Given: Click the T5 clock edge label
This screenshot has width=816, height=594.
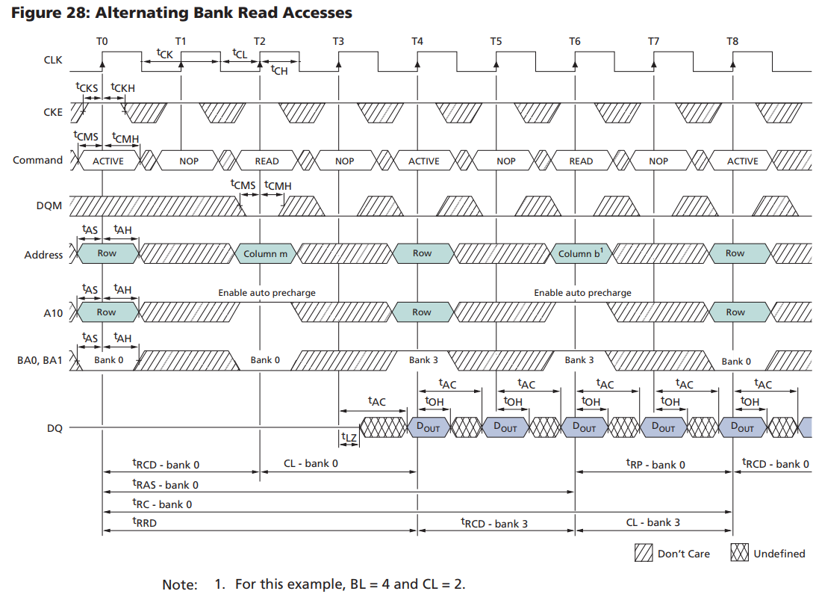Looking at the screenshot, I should click(496, 41).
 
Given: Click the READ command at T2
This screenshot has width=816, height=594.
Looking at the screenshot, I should click(267, 161).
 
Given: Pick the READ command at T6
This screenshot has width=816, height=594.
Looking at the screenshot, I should click(581, 161).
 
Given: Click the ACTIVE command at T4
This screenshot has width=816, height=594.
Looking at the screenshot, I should click(423, 161).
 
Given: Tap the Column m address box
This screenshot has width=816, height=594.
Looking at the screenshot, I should click(265, 254).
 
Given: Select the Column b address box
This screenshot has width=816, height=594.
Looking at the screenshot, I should click(580, 254).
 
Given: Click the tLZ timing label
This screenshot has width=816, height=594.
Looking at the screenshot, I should click(349, 437).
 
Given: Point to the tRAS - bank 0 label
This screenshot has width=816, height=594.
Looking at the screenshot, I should click(165, 484).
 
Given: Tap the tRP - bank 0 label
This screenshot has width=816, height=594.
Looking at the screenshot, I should click(655, 464).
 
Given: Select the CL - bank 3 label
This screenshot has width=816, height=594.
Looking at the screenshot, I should click(653, 522).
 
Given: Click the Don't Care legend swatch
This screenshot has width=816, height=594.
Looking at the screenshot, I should click(643, 553).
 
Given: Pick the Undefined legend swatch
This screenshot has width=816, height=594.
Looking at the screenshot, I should click(739, 553).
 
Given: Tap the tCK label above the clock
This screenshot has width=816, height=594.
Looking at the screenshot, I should click(164, 53).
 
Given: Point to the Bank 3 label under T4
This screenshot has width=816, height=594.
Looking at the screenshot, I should click(423, 360).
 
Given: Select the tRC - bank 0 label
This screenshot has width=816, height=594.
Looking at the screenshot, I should click(162, 504).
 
